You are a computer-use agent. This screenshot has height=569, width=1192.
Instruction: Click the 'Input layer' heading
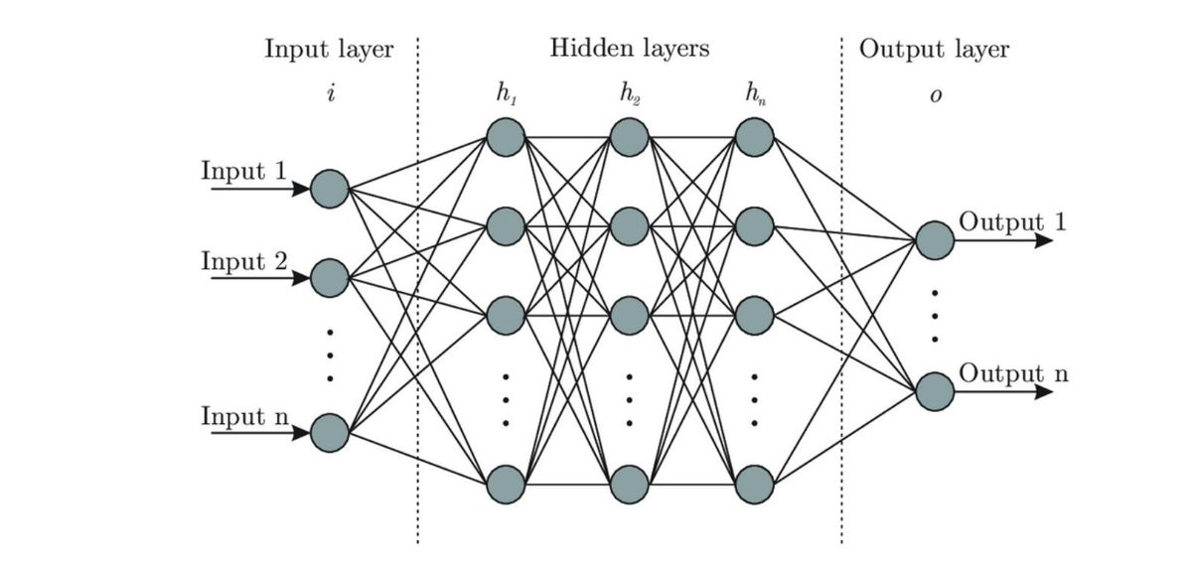329,49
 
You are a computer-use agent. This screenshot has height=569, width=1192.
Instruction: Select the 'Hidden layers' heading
630,47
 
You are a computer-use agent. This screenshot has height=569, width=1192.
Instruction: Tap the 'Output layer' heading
934,49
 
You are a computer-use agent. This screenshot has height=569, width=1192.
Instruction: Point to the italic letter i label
329,95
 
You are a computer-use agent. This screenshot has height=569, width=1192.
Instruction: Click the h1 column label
505,94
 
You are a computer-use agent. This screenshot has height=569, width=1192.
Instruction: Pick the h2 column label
630,94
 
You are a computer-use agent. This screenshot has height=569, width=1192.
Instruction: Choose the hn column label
754,94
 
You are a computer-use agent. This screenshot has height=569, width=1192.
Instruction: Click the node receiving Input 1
329,188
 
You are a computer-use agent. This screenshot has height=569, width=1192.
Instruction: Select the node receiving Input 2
329,279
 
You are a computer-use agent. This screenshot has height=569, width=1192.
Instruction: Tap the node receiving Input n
329,433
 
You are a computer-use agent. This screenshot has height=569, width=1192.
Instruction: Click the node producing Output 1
935,239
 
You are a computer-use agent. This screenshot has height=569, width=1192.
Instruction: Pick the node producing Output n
935,391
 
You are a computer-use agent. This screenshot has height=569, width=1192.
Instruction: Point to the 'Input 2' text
244,262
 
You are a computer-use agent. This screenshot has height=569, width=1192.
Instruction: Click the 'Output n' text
1013,374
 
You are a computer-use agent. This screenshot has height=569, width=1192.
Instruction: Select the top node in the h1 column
505,136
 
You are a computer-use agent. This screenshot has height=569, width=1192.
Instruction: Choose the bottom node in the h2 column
630,484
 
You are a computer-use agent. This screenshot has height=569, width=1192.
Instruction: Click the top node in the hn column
755,136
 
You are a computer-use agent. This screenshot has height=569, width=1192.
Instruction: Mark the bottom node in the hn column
755,484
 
